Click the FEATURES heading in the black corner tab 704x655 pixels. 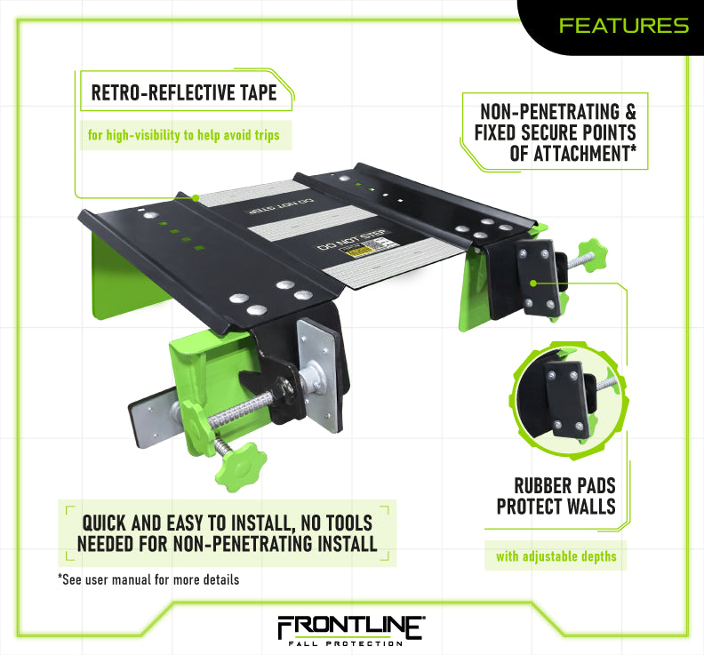(x=623, y=26)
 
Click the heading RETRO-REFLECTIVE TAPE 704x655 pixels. (x=184, y=92)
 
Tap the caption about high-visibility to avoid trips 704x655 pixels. (x=182, y=136)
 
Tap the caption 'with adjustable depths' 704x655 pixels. (x=555, y=557)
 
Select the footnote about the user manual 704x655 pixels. (x=148, y=580)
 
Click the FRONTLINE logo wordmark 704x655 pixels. (x=352, y=626)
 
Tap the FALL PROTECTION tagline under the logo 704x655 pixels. (x=352, y=643)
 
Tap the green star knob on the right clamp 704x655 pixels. (x=590, y=254)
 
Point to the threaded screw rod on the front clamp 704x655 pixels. (x=231, y=405)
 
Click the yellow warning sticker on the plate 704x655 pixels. (x=362, y=254)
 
